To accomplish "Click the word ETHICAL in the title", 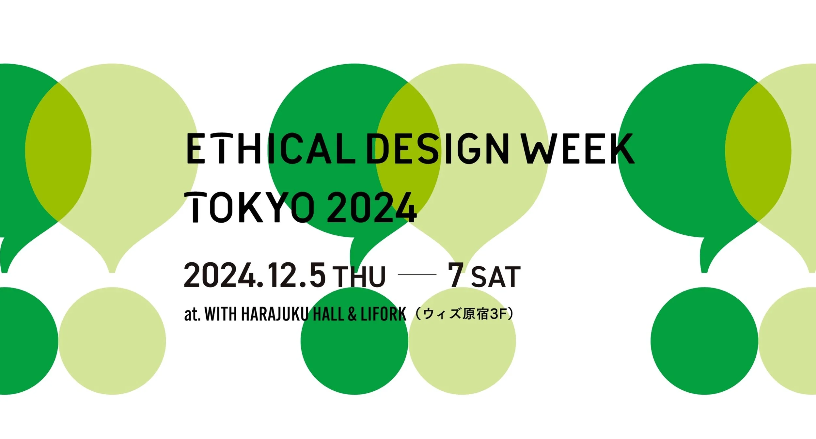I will pos(271,148).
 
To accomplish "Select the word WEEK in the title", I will pos(578,148).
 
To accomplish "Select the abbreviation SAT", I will pos(496,277).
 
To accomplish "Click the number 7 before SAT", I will pos(456,274).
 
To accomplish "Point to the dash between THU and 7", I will pos(417,275).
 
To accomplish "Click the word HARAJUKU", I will pos(275,314).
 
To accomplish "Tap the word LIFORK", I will pos(384,314).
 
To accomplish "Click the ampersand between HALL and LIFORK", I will pos(352,314).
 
